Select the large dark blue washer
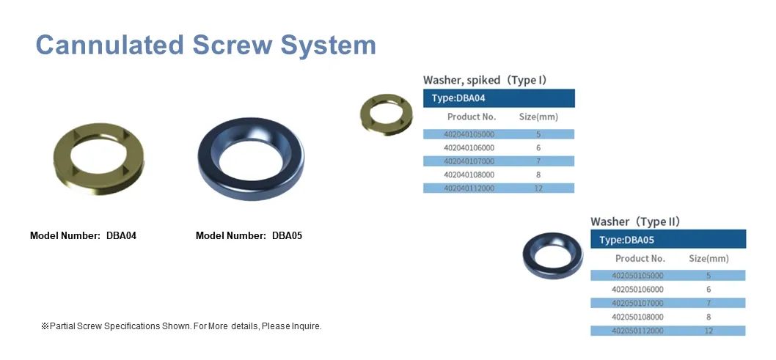[250, 159]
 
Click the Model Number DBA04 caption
[83, 236]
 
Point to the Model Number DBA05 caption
[249, 236]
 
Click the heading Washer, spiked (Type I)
[485, 80]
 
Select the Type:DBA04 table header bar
[499, 98]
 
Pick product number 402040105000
[469, 134]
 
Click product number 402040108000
[469, 175]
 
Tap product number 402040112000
[469, 188]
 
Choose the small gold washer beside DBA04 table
[386, 114]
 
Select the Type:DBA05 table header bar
[667, 239]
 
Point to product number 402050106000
[637, 290]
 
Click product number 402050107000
[637, 303]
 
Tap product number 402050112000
[637, 331]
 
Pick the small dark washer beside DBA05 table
[552, 255]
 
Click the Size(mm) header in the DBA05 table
[709, 258]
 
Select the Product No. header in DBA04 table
[472, 117]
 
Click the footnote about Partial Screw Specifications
[181, 326]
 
